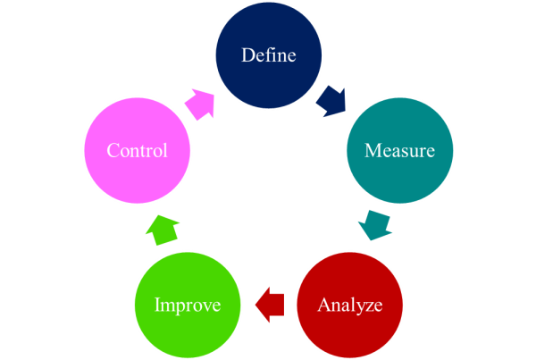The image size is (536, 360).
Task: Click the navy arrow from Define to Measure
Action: coord(331,100)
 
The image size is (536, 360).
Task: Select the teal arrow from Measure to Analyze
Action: coord(375,225)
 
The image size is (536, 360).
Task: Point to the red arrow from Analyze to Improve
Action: coord(269,305)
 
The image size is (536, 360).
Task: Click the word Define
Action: coord(269,54)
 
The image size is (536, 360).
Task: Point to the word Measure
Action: coord(399,150)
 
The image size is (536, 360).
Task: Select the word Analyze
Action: coord(349,305)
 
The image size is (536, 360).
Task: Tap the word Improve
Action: coord(187,305)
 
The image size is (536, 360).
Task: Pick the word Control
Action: coord(137,150)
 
